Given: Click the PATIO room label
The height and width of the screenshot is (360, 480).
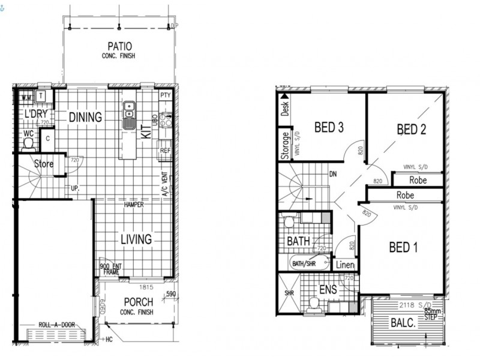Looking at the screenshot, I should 120,46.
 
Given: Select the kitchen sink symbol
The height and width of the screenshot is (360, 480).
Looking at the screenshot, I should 129,115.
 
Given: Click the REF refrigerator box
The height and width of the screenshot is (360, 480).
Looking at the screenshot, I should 166,151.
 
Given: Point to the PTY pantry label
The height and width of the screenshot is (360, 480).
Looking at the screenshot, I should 166,95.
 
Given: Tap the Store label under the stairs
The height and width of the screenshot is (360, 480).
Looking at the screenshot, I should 43,164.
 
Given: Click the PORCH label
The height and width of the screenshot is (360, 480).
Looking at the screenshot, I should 139,302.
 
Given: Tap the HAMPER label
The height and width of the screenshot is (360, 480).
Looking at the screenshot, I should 133,205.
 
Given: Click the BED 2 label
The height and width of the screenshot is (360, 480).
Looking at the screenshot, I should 412,129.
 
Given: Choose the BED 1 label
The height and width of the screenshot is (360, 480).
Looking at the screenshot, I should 404,247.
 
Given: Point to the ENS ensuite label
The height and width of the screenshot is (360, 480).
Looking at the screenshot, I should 328,290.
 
